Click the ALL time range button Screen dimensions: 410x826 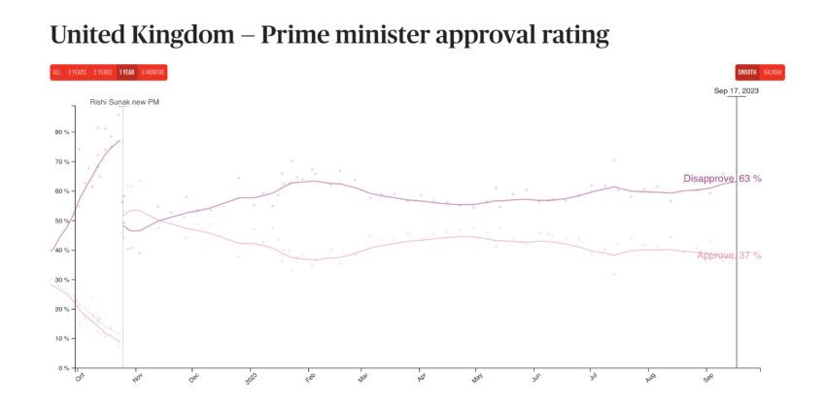56,72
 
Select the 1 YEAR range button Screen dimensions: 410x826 126,72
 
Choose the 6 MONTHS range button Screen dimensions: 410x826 153,72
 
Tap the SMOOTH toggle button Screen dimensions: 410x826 746,72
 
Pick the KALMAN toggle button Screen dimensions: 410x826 773,72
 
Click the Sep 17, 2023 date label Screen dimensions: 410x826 736,90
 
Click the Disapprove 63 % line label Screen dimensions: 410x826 722,179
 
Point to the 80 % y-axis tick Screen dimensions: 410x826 61,131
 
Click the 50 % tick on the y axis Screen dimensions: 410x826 61,221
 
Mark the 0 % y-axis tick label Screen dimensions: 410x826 63,368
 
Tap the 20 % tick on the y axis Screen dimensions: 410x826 61,309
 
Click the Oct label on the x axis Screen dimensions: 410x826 80,378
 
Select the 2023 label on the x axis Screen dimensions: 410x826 251,378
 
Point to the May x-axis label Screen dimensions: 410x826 477,378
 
